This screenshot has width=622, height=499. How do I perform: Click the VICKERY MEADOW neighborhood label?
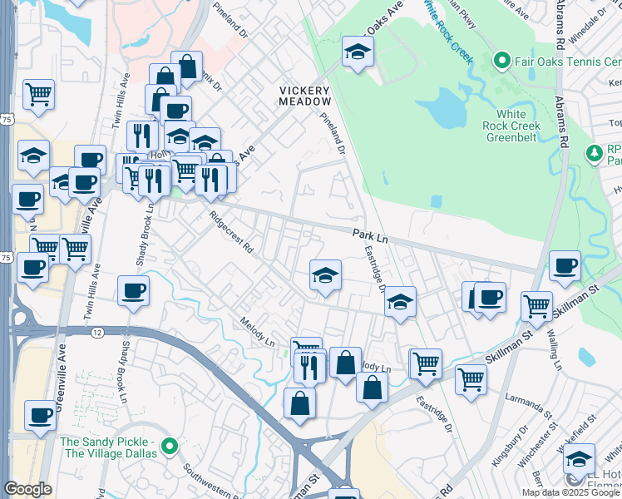[304, 96]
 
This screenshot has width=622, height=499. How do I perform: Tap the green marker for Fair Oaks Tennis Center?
[501, 61]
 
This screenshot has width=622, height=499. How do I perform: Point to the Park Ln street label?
[370, 237]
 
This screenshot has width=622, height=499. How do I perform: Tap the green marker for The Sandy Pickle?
[170, 446]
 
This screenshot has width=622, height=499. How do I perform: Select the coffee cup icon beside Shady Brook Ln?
[133, 291]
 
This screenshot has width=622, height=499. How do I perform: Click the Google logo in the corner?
[28, 489]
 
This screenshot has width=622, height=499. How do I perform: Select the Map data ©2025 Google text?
[570, 492]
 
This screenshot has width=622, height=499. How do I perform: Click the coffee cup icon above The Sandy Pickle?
[40, 414]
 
